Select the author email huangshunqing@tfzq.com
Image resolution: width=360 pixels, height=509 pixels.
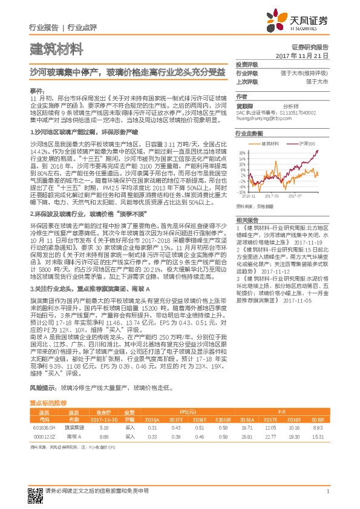click(x=263, y=118)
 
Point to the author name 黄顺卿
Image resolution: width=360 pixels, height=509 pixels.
click(x=245, y=105)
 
